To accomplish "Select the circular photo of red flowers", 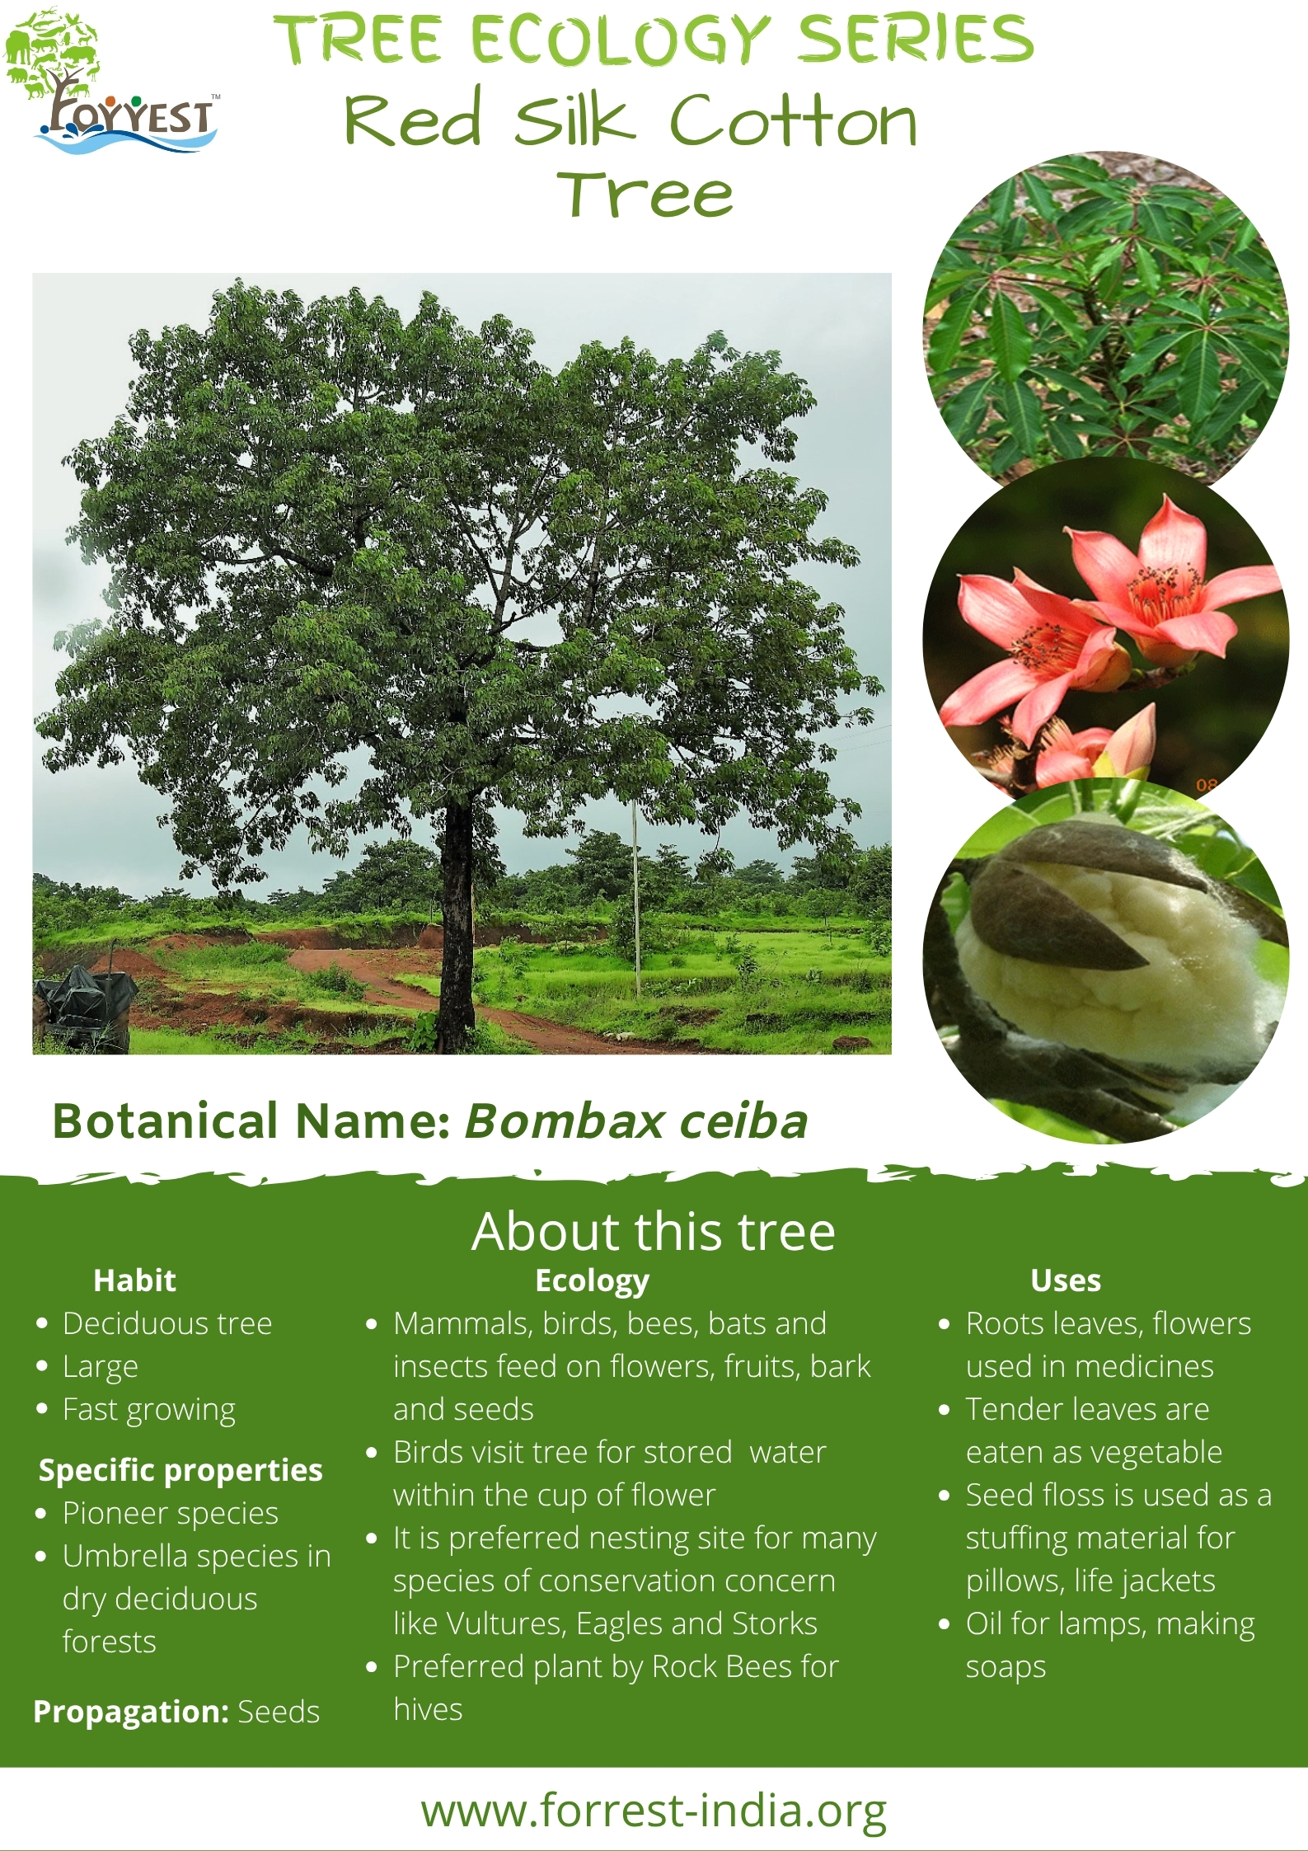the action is (1104, 635).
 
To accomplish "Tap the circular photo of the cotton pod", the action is (1104, 961).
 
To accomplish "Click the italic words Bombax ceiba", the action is (636, 1121).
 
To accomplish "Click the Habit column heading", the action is (134, 1280).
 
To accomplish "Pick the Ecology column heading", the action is (592, 1281).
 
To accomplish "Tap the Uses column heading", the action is (1066, 1280).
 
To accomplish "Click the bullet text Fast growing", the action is (149, 1410).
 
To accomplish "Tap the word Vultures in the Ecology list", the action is (505, 1623).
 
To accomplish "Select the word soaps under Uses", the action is (1006, 1667).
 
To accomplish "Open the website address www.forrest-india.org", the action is (654, 1811).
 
